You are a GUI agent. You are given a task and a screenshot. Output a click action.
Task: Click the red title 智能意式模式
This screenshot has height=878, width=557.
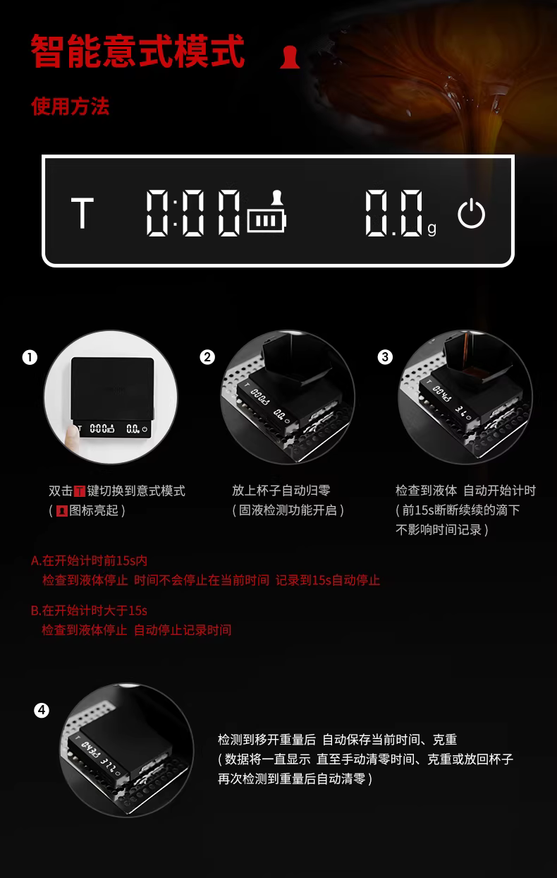(137, 52)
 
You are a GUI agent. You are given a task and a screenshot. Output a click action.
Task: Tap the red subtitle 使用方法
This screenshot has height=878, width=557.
(71, 107)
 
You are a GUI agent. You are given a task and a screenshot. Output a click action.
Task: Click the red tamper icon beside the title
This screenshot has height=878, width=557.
(290, 57)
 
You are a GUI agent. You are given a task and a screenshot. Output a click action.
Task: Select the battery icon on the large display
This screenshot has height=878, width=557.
(267, 221)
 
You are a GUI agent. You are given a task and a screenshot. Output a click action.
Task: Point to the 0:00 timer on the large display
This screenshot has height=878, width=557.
(193, 213)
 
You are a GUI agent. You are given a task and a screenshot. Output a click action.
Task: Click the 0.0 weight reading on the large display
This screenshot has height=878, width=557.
(394, 213)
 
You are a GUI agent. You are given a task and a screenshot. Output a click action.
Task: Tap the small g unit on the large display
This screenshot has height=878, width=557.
(431, 229)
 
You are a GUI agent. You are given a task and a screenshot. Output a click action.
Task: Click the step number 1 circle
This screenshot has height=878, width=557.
(30, 357)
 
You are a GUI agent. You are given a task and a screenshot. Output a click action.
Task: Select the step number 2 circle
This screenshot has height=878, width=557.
(207, 357)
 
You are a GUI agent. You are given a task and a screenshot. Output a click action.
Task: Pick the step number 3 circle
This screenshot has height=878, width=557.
(385, 357)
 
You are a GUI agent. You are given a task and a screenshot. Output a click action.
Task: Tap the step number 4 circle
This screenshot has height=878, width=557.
(42, 710)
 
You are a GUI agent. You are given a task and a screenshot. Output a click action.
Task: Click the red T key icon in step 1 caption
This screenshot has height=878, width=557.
(80, 491)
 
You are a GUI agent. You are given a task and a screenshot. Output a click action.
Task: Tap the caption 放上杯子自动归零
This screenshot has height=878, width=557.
(281, 491)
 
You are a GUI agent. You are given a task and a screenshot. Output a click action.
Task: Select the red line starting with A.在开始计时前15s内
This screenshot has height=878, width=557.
(90, 560)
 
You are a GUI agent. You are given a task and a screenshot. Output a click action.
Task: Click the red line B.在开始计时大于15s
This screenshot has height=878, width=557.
(90, 611)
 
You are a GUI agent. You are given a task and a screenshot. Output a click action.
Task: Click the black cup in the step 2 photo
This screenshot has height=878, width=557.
(297, 361)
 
